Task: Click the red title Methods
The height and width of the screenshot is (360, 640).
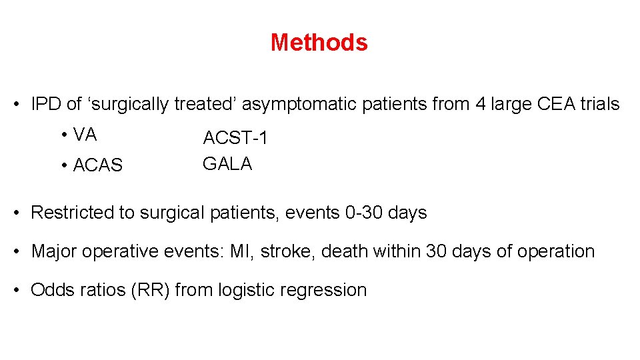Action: point(319,43)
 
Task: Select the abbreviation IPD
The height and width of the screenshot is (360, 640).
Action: point(46,105)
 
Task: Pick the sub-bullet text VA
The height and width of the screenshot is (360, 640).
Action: point(85,135)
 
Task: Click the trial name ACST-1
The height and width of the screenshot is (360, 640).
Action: point(235,139)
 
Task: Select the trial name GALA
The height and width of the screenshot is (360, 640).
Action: point(227,164)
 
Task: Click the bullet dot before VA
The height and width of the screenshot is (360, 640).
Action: point(63,136)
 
